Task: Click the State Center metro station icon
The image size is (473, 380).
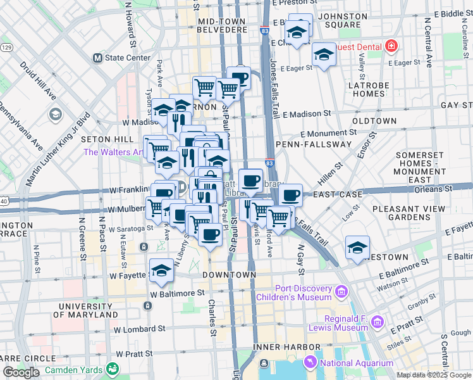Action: point(97,58)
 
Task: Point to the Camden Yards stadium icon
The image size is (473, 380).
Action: point(113,368)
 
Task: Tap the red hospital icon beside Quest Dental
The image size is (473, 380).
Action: point(391,46)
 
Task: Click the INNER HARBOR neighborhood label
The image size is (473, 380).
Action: point(286,347)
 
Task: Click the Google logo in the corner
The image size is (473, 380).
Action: point(21,372)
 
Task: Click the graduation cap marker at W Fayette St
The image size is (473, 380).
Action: point(161,271)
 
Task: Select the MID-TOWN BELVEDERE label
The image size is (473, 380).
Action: point(221,25)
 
